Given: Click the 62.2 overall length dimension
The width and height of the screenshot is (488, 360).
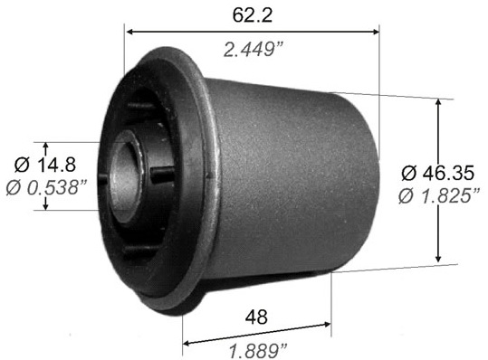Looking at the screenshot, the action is click(253, 15).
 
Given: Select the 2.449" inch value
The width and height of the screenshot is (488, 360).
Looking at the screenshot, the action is click(254, 50).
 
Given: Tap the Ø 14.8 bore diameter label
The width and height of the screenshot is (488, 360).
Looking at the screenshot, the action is click(45, 165).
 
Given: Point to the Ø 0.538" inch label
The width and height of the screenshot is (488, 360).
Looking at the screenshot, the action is click(46, 187).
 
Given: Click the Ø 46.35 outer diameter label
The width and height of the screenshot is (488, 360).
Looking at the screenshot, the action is click(438, 173).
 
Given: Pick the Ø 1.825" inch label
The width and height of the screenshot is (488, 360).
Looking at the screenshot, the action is click(439, 196).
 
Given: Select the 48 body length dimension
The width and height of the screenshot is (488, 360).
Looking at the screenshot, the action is click(256, 317).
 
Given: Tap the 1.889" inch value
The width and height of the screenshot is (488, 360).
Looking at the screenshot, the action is click(258, 351).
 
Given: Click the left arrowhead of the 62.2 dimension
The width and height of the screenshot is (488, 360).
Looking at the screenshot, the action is click(130, 32).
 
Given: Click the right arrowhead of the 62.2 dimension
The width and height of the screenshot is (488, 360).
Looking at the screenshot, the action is click(376, 32).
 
